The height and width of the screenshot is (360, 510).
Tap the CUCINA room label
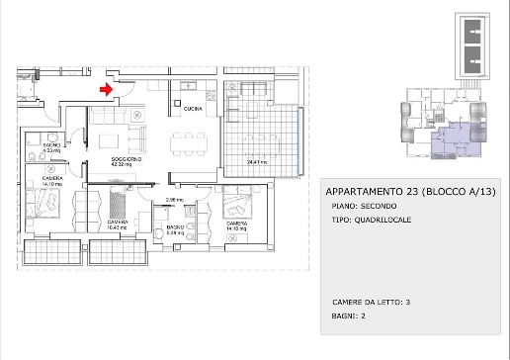pos(194,106)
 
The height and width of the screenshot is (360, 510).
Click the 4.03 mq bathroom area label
pos(52,149)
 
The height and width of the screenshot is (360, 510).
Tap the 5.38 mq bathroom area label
pos(176,232)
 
